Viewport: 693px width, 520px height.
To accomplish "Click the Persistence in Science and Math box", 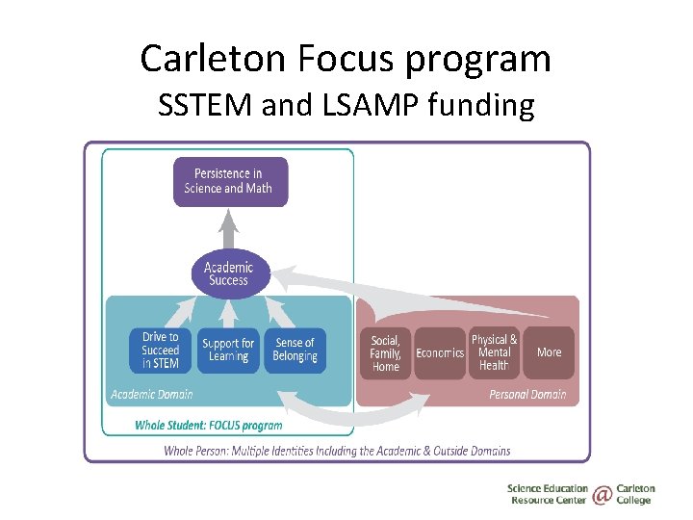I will pyautogui.click(x=229, y=181).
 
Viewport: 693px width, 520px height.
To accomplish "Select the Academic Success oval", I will pyautogui.click(x=228, y=273).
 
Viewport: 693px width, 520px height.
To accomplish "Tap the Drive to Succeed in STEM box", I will pyautogui.click(x=160, y=351).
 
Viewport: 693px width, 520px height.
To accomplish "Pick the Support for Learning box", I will pyautogui.click(x=228, y=351).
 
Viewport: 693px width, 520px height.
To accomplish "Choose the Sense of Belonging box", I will pyautogui.click(x=295, y=351).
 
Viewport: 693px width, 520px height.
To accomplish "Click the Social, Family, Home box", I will pyautogui.click(x=385, y=353).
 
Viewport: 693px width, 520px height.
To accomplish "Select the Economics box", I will pyautogui.click(x=439, y=353).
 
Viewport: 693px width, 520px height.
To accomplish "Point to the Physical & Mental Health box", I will pyautogui.click(x=494, y=353).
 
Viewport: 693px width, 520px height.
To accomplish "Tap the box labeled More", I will pyautogui.click(x=549, y=353).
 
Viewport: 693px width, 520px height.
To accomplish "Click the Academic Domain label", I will pyautogui.click(x=151, y=394).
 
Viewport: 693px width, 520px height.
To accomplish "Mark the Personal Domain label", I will pyautogui.click(x=527, y=394).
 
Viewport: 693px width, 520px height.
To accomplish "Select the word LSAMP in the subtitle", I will pyautogui.click(x=370, y=104).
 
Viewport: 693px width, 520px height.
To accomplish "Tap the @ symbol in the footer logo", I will pyautogui.click(x=602, y=495).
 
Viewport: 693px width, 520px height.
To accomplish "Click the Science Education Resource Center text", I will pyautogui.click(x=547, y=495).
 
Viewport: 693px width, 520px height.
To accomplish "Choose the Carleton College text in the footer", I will pyautogui.click(x=635, y=495).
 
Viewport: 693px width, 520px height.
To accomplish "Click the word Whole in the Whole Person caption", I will pyautogui.click(x=183, y=451).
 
